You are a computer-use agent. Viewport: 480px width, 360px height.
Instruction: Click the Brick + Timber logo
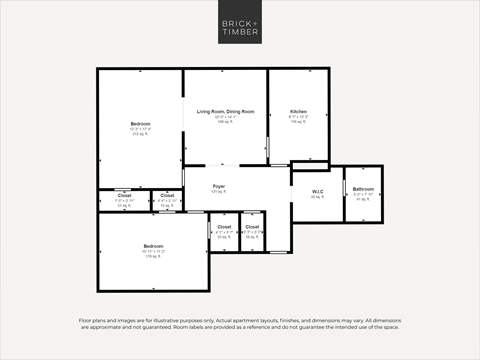pos(239,28)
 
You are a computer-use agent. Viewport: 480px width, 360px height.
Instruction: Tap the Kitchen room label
pos(298,111)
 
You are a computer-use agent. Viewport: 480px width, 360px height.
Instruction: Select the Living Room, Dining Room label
pos(225,111)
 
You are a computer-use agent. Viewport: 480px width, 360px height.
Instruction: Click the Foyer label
pos(219,186)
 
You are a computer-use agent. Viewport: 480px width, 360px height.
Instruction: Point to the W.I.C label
pos(316,190)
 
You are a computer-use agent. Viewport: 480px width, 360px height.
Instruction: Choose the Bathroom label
pos(362,189)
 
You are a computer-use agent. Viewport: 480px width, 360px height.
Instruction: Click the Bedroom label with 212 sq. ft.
pos(140,123)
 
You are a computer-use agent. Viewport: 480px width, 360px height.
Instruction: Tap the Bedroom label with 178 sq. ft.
pos(152,246)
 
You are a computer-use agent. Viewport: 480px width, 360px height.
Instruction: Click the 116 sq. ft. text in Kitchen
pos(298,122)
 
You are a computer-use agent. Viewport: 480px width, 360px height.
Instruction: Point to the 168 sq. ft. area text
pos(225,122)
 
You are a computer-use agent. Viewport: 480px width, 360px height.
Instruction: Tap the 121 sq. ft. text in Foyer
pos(219,192)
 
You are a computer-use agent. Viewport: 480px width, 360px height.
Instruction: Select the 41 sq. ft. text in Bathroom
pos(362,200)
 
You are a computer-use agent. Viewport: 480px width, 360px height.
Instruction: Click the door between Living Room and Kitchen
pos(268,146)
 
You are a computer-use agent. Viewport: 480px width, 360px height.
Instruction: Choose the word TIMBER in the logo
pos(239,34)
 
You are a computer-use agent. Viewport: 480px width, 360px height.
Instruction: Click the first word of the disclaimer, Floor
pos(86,320)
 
